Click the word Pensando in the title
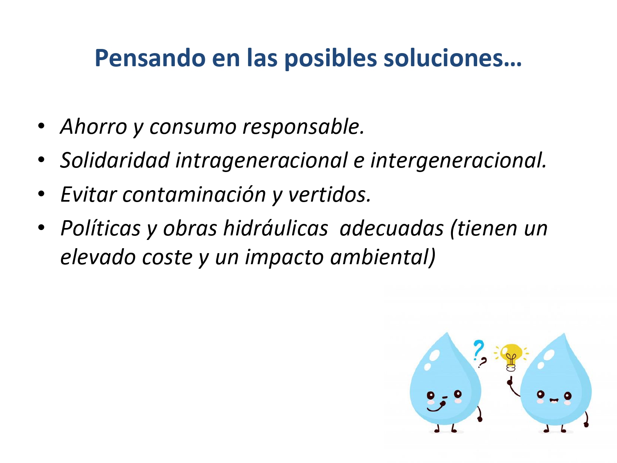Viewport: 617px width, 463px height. [150, 58]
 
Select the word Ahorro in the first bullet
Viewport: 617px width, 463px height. [94, 126]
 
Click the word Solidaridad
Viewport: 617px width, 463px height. [115, 160]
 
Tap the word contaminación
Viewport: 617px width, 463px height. [194, 194]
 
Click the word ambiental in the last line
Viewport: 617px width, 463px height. [383, 257]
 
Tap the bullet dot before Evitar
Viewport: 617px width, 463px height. [41, 194]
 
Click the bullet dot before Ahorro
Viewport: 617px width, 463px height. [41, 126]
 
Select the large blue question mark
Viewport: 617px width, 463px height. [479, 350]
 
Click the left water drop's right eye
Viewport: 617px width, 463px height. [458, 393]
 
